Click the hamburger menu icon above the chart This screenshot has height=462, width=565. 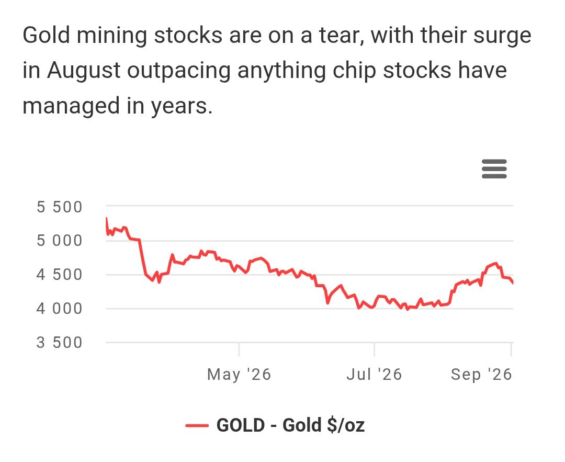494,168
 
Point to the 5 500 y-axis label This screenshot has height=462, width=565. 60,207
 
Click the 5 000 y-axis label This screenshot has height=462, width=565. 60,241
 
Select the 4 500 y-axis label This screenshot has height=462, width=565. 60,275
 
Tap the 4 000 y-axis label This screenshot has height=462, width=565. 60,309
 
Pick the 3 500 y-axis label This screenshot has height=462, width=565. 60,343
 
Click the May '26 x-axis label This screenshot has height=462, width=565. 239,375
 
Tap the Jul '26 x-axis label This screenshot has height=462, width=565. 374,375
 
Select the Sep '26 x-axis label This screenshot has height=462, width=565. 481,375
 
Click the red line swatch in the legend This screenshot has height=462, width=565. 197,425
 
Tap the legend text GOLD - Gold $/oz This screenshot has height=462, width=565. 290,425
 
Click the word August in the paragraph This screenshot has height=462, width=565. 84,71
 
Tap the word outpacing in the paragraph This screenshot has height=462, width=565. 179,71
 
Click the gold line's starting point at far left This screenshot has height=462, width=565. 106,218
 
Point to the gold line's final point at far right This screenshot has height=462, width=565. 513,283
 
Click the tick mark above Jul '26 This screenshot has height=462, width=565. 375,349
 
